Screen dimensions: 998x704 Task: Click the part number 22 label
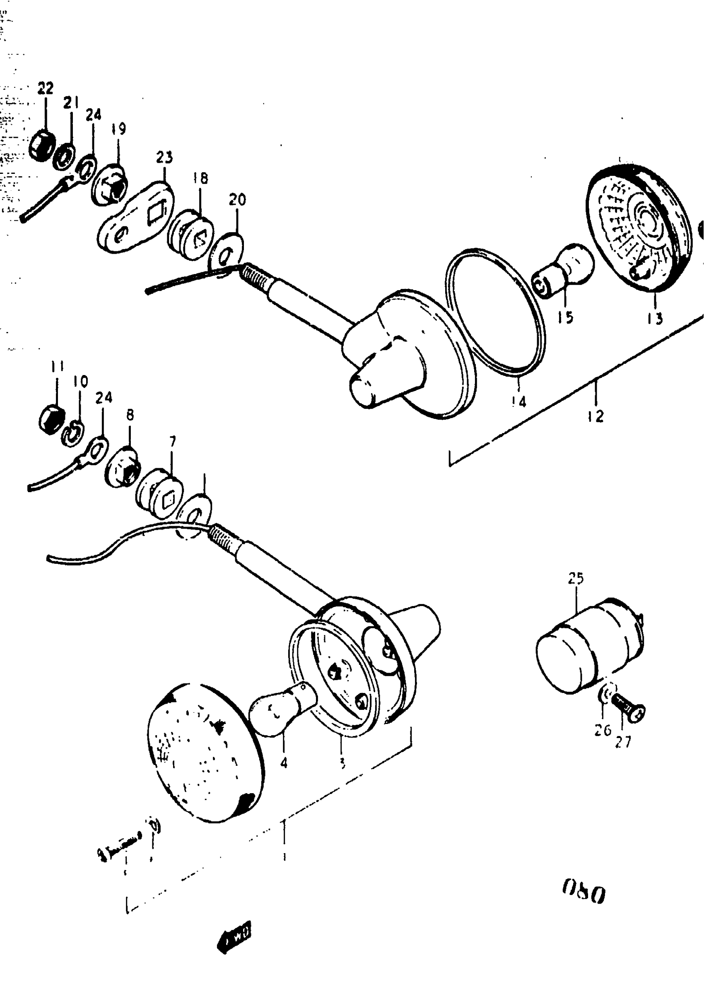45,88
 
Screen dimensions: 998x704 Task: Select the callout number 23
164,157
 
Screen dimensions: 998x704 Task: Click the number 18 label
200,178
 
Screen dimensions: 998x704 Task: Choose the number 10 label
80,381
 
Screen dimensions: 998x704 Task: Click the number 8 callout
130,415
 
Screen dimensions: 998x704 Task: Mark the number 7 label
173,442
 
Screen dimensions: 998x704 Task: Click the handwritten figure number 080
584,894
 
